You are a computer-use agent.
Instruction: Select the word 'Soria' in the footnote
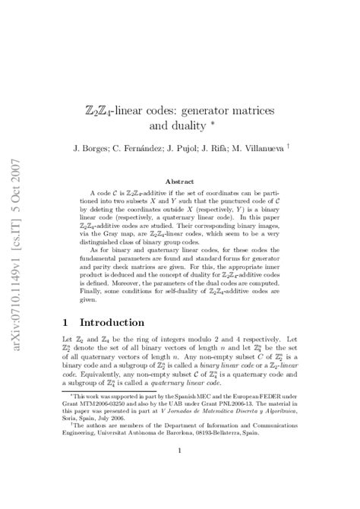tap(92, 430)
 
